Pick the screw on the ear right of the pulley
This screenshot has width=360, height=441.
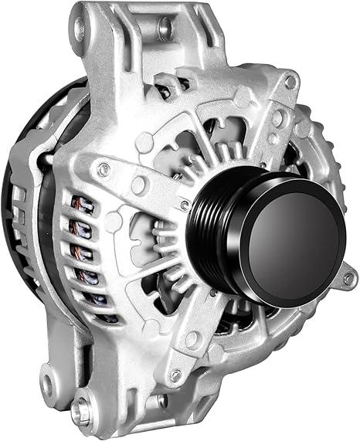[348, 277]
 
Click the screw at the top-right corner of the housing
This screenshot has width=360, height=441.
[290, 81]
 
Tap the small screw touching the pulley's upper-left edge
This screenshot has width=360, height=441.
[185, 204]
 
